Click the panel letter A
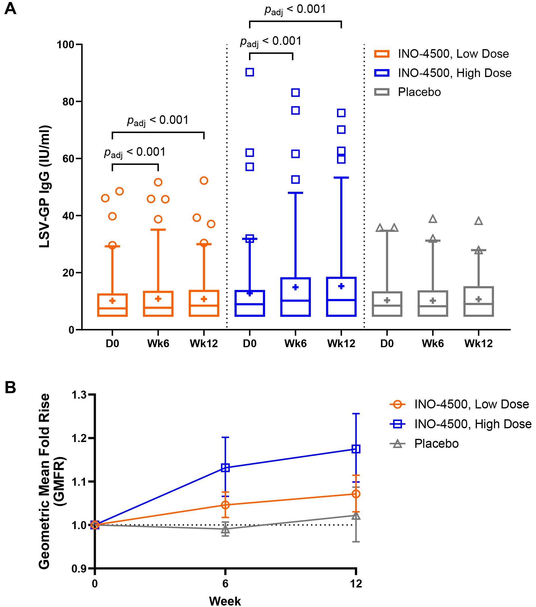point(10,9)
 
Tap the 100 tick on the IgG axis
point(65,45)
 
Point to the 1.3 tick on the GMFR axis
point(79,395)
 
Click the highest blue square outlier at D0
point(250,72)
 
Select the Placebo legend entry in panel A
point(419,92)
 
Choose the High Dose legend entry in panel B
point(472,424)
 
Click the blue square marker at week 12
point(356,449)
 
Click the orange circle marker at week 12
point(356,494)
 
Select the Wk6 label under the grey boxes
point(432,343)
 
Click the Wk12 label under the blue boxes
point(341,343)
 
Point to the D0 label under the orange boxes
point(112,343)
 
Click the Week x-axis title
point(225,601)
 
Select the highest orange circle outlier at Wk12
point(204,180)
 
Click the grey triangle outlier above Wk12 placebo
point(478,221)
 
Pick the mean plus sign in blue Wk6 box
point(295,287)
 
